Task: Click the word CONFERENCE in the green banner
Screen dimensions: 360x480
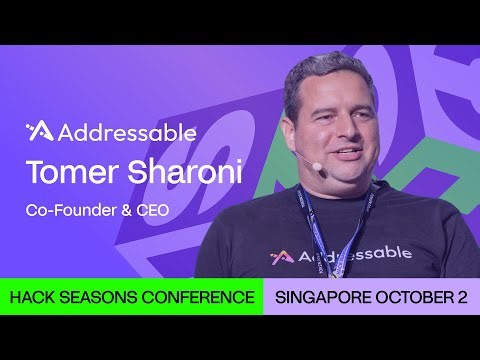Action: pyautogui.click(x=199, y=298)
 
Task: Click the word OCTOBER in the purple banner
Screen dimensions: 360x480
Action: pyautogui.click(x=412, y=298)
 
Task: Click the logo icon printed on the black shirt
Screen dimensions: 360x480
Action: pyautogui.click(x=279, y=257)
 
